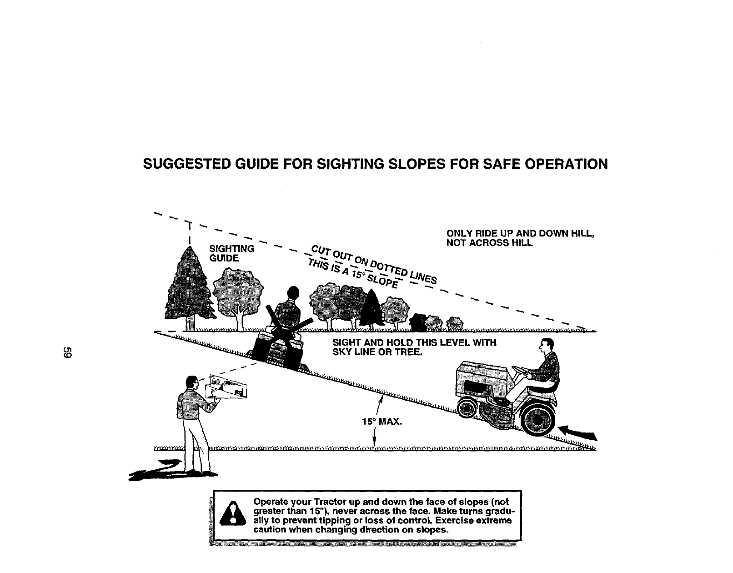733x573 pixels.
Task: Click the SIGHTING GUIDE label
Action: click(x=231, y=253)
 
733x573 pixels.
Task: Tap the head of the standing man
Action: click(x=192, y=383)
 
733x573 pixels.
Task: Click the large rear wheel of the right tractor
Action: click(x=539, y=419)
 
